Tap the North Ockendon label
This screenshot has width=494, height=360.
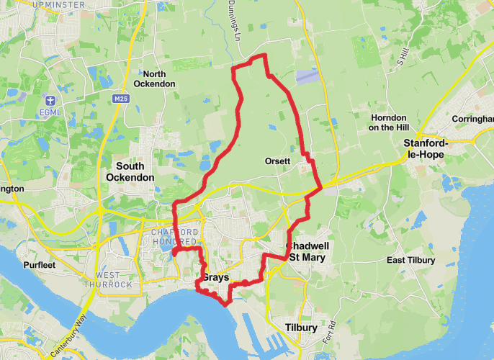pos(159,79)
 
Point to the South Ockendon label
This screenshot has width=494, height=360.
pos(130,171)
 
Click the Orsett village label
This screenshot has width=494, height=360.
pos(277,161)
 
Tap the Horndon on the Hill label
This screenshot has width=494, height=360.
pos(388,122)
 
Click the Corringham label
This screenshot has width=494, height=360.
pos(473,119)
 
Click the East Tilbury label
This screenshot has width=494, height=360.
pos(410,260)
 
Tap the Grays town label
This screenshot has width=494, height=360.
pos(215,277)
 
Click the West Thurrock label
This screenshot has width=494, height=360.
pos(114,280)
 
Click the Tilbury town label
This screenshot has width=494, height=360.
pos(301,328)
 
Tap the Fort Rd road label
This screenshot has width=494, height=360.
pos(332,332)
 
